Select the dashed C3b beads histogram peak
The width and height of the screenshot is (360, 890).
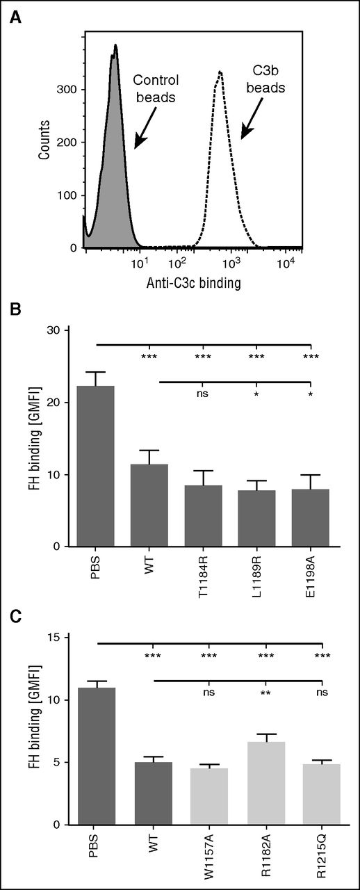(220, 76)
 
